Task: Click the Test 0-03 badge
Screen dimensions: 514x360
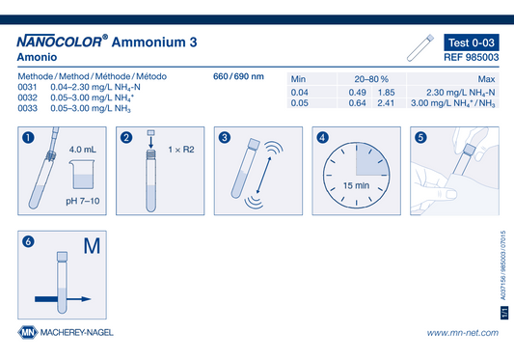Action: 472,42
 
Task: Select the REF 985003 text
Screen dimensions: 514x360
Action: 472,58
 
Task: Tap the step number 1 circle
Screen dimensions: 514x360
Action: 28,137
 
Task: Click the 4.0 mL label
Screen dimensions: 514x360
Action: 83,150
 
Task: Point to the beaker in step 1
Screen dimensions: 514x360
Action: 82,175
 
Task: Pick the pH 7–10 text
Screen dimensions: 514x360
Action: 83,201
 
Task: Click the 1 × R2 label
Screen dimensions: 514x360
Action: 181,150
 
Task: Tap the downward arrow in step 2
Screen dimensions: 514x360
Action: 150,143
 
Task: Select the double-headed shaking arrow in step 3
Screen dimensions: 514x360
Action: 264,175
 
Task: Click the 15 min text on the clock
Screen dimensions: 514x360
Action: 356,185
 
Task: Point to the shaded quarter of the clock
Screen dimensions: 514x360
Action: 371,159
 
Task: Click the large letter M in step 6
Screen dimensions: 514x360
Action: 92,246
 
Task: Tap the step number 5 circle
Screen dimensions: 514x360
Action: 420,137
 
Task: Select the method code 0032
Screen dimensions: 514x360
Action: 28,97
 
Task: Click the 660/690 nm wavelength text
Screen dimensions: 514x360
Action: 238,76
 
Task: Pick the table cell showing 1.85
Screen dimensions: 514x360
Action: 386,93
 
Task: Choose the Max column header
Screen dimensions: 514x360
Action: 486,79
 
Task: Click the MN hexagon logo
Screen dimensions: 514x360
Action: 28,332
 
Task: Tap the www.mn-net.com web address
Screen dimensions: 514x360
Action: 463,333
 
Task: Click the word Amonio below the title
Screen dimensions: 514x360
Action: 37,57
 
